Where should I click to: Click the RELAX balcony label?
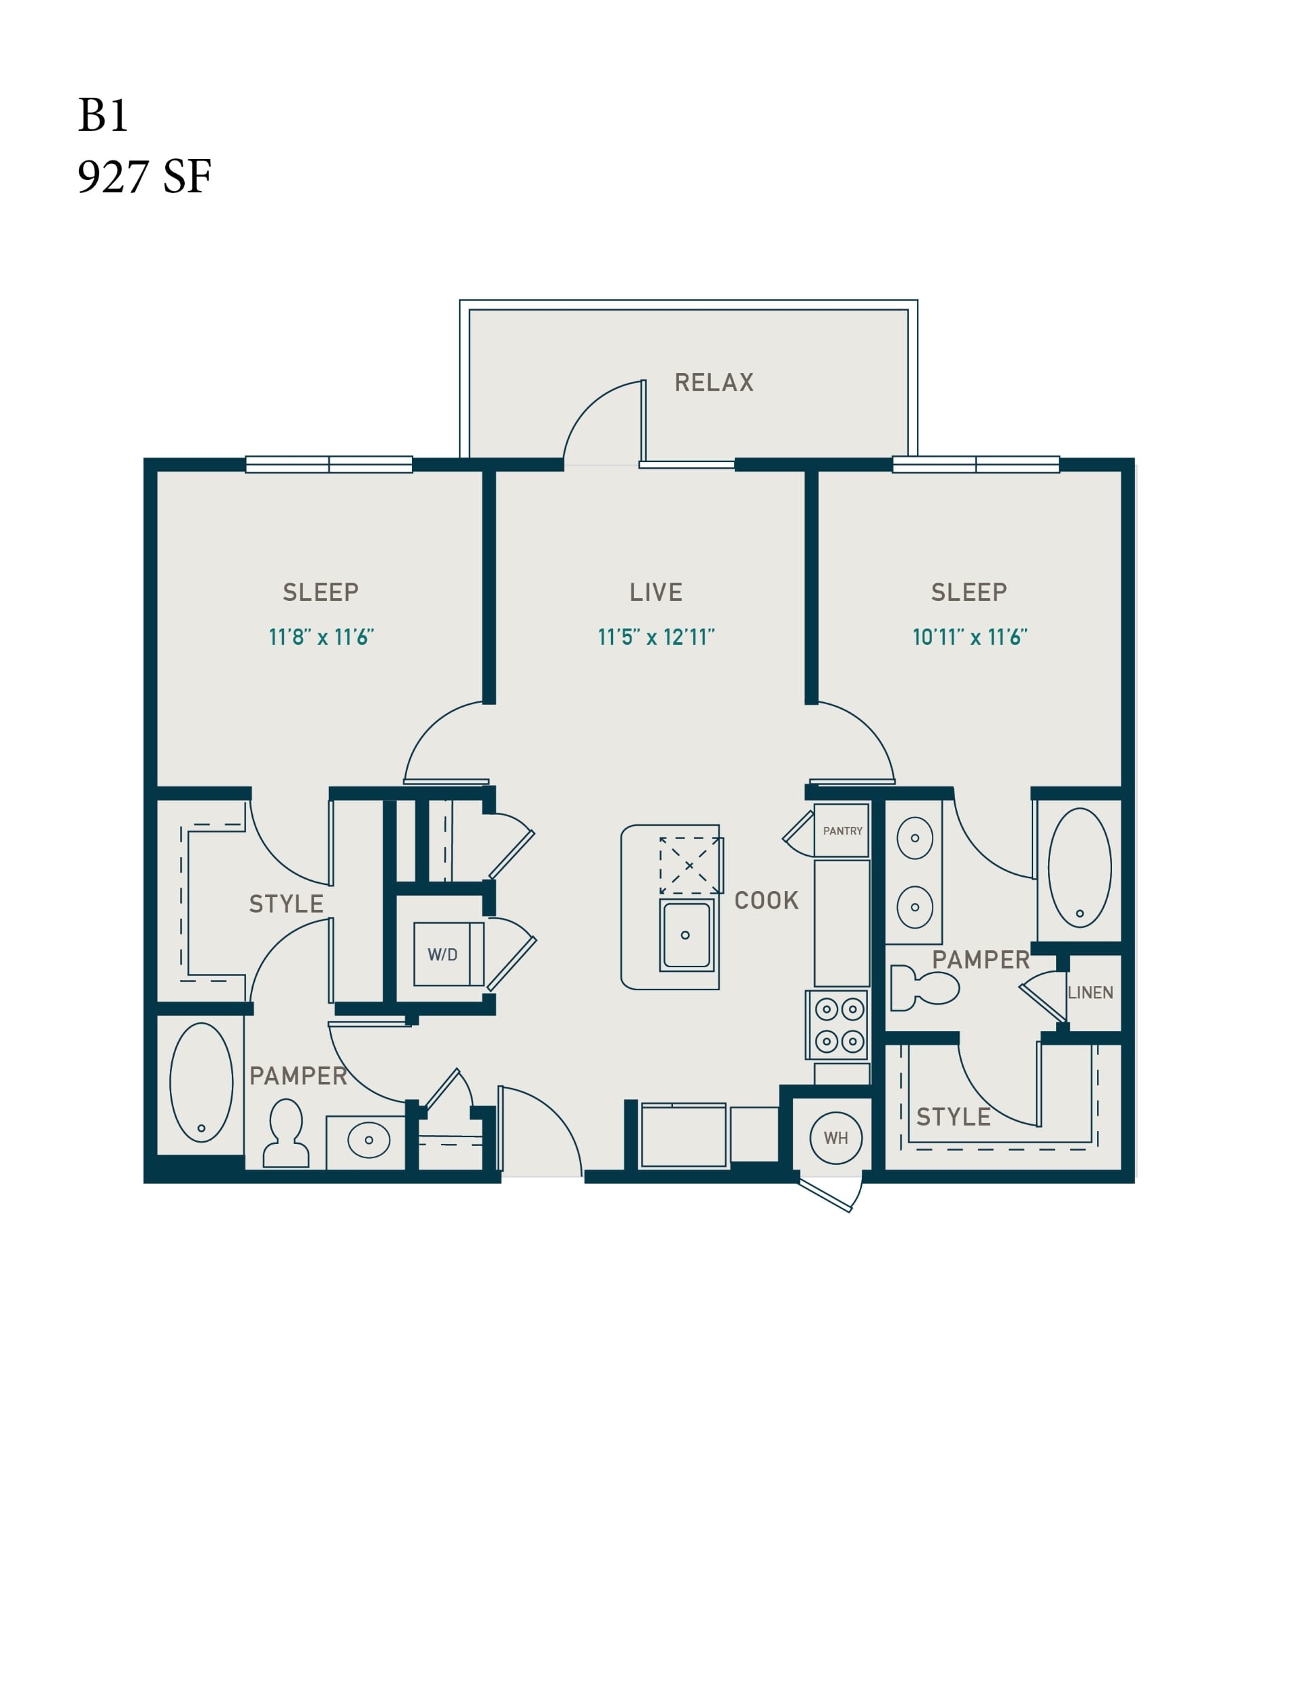point(713,382)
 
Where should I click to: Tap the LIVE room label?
point(655,593)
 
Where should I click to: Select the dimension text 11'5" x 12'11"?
point(656,638)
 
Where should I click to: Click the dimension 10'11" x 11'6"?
point(969,638)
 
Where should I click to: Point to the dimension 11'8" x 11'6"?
point(321,638)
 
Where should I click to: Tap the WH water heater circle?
point(835,1138)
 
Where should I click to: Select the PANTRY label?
point(842,831)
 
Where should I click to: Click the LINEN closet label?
point(1090,992)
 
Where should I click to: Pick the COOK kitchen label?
point(766,900)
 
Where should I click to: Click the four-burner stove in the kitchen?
point(839,1026)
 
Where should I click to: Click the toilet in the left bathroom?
point(285,1133)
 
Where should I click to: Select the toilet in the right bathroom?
point(924,988)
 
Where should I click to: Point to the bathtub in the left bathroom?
point(201,1082)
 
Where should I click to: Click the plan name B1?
point(102,116)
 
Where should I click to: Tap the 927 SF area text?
point(144,177)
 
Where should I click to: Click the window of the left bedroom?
point(329,464)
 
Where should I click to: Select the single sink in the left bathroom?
point(368,1140)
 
